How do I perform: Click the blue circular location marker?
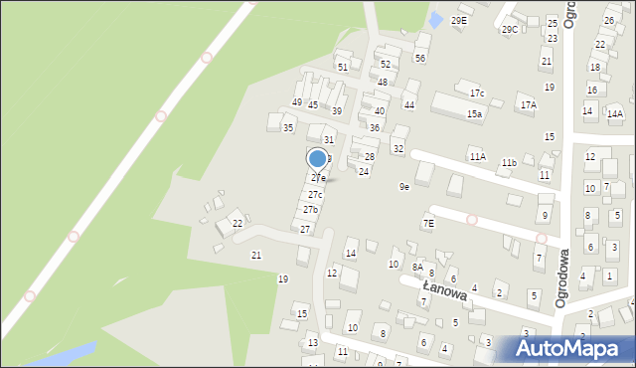317,158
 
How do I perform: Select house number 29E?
458,20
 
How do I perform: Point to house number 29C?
510,30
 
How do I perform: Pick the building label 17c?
477,93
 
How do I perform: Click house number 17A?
528,104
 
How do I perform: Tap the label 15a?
475,114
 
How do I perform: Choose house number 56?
420,59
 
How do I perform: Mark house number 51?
343,67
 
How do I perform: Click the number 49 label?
296,102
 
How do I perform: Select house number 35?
288,127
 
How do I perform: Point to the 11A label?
477,156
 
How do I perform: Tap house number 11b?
509,162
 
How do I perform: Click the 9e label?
404,187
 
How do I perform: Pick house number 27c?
314,194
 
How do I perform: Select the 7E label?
428,224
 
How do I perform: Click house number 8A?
417,267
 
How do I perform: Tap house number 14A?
615,113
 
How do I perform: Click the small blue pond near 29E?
435,18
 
